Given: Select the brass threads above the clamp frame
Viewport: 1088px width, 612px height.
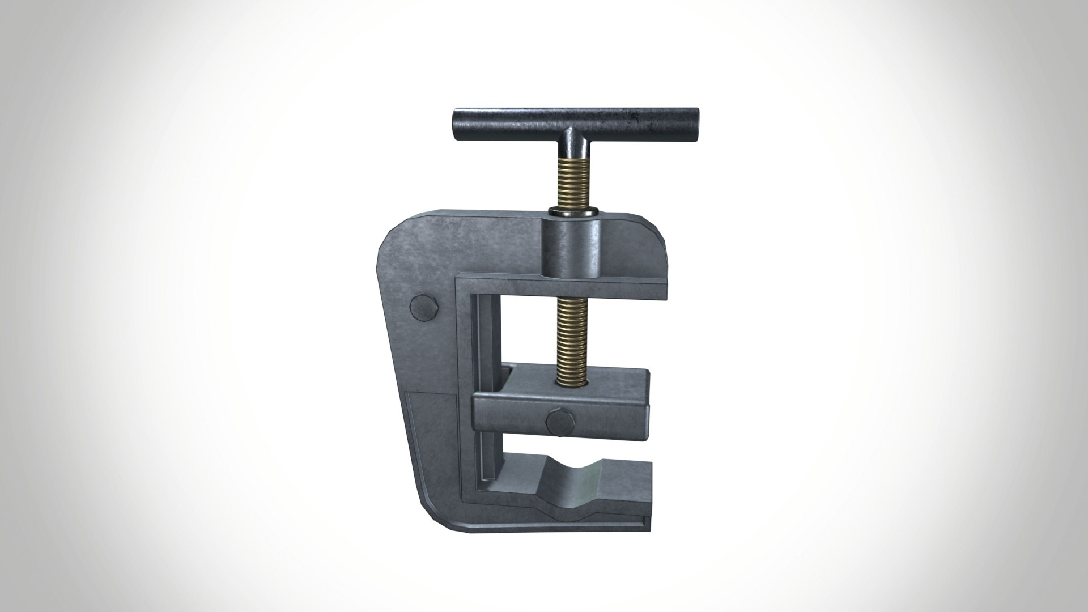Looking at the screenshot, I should [x=573, y=181].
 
